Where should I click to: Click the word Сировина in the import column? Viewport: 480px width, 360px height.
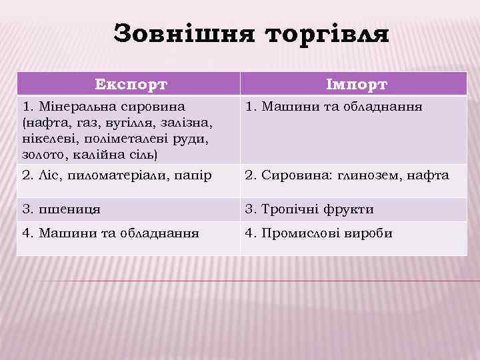291,175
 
